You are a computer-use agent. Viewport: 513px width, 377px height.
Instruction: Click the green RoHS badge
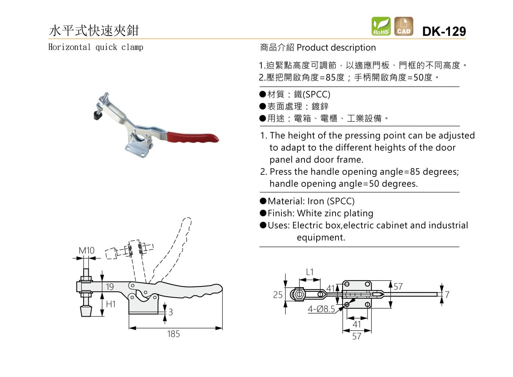click(x=381, y=26)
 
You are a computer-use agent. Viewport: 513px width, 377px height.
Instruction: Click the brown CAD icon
click(x=403, y=26)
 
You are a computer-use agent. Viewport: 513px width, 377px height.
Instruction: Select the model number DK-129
click(x=444, y=31)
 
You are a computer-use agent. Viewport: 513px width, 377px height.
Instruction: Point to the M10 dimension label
click(x=86, y=250)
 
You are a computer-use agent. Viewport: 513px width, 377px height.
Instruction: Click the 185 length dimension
click(x=173, y=334)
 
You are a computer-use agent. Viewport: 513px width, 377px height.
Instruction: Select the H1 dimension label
click(x=111, y=304)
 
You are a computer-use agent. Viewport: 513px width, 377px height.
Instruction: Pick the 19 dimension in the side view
click(x=110, y=287)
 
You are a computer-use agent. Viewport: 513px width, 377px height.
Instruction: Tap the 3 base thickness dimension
click(x=170, y=312)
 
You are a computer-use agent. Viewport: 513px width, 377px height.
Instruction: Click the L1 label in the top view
click(x=310, y=272)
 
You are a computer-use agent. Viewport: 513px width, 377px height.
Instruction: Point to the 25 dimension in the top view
click(x=278, y=295)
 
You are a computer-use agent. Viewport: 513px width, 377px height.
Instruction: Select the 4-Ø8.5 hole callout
click(x=321, y=309)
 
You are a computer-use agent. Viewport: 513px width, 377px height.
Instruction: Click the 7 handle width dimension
click(x=447, y=295)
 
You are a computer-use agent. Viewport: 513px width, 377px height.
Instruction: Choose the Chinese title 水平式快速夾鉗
click(x=94, y=30)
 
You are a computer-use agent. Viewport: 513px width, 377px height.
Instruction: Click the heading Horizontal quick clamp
click(x=96, y=47)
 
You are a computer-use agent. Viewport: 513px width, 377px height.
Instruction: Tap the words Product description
click(x=336, y=48)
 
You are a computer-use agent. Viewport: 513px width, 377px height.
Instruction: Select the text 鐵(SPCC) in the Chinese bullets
click(x=312, y=94)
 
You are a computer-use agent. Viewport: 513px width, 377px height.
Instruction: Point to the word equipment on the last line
click(x=321, y=237)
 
